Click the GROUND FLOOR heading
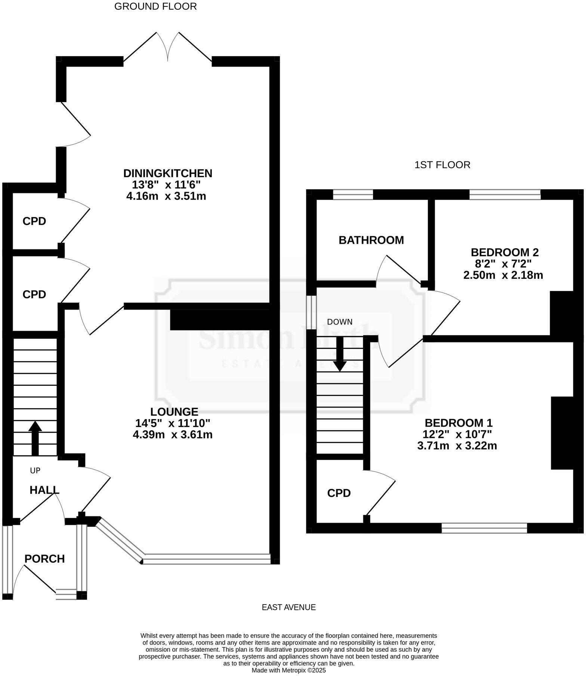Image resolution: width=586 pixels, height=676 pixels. [155, 6]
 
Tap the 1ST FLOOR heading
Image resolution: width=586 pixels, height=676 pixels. [442, 165]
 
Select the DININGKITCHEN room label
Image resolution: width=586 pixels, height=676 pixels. [167, 173]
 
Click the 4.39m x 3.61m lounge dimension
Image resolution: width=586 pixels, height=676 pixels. [172, 434]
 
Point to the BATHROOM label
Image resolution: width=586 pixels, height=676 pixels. [371, 240]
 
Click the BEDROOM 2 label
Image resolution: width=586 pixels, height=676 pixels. [505, 252]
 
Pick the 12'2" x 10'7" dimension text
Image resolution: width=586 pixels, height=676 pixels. [457, 434]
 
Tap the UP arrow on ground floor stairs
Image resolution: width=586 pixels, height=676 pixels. [35, 437]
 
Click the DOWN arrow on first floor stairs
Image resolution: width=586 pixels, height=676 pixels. [340, 353]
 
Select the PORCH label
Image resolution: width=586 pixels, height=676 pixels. [44, 559]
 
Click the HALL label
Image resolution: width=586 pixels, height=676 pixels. [44, 490]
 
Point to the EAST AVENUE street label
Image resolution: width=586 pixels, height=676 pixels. [289, 607]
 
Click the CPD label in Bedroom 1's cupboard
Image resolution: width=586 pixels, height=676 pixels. [339, 493]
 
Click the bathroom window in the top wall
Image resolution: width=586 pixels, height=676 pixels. [353, 194]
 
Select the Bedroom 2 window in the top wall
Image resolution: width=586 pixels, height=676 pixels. [505, 194]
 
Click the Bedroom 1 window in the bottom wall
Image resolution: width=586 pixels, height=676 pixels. [484, 528]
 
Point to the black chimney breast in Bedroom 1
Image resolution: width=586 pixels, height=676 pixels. [562, 433]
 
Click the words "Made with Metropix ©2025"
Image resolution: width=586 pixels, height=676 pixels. [289, 670]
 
